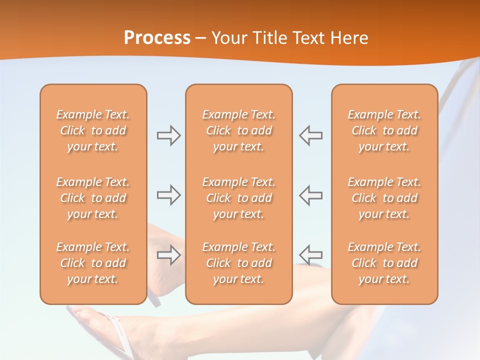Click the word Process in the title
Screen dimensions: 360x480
(x=157, y=38)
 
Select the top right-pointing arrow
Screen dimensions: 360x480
(x=169, y=135)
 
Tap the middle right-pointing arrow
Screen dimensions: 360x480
(x=169, y=194)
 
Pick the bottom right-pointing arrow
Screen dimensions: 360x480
(x=169, y=255)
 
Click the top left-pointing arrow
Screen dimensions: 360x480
(x=310, y=135)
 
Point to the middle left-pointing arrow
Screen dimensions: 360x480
(x=310, y=194)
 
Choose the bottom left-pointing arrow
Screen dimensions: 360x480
(x=310, y=255)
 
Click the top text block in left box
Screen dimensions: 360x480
(x=93, y=130)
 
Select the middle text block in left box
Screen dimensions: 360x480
(x=93, y=198)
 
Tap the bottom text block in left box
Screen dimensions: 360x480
(x=93, y=263)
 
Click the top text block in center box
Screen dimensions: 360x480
(x=238, y=130)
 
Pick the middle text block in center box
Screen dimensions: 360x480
(x=238, y=198)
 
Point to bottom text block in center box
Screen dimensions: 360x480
(x=238, y=263)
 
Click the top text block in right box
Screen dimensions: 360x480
(x=384, y=130)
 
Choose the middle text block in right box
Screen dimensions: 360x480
(x=384, y=198)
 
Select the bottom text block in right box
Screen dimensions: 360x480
(x=384, y=263)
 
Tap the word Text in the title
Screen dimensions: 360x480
(x=309, y=38)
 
